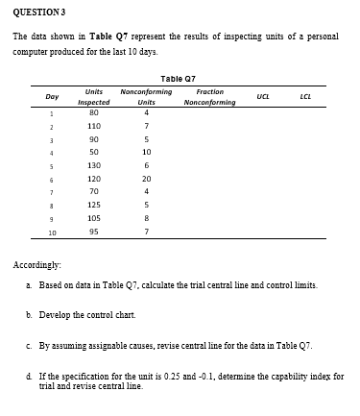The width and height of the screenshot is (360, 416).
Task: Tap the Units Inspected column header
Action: pyautogui.click(x=94, y=96)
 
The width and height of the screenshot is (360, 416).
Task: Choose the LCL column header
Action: pyautogui.click(x=304, y=96)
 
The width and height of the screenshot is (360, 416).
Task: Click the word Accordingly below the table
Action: pyautogui.click(x=36, y=262)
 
